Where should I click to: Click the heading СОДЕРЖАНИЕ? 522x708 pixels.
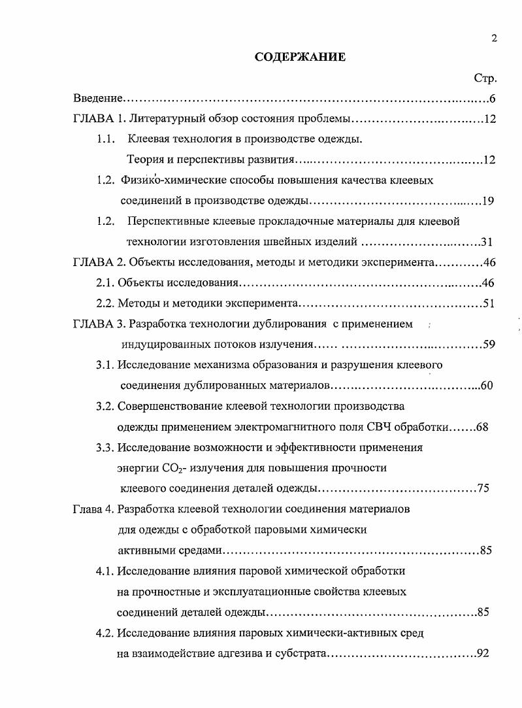[300, 57]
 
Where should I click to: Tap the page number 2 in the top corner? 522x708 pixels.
[494, 38]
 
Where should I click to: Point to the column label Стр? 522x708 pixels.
[485, 78]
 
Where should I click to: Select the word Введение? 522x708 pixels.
[97, 99]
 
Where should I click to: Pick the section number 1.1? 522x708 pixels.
[106, 139]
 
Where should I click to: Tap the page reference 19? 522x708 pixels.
[487, 201]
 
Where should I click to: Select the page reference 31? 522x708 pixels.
[487, 242]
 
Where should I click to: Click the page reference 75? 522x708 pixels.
[483, 488]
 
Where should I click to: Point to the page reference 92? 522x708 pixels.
[483, 654]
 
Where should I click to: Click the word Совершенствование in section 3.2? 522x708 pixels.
[169, 406]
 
